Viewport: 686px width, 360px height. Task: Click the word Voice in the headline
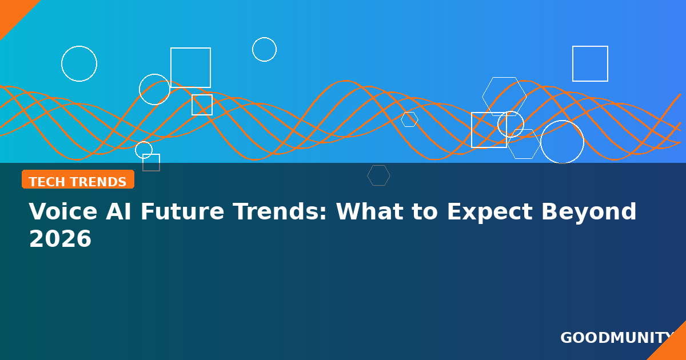click(x=63, y=211)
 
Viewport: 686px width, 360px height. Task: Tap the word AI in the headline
click(x=118, y=211)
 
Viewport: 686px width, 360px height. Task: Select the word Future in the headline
click(x=182, y=211)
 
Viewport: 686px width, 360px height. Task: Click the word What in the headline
click(x=370, y=211)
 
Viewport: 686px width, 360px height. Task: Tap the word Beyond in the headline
click(x=589, y=211)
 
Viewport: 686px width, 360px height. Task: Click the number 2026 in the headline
click(x=61, y=239)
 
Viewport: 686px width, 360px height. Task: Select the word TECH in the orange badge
click(x=47, y=182)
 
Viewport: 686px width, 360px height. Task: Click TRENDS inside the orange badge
click(x=98, y=182)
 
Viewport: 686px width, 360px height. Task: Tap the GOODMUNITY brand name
click(x=616, y=338)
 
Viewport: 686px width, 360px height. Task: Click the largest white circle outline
click(x=541, y=142)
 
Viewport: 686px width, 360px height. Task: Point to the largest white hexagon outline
click(x=482, y=97)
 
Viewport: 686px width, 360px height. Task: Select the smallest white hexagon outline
click(x=401, y=119)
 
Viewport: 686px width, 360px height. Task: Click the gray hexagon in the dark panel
click(x=368, y=175)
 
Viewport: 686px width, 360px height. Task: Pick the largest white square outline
click(x=190, y=48)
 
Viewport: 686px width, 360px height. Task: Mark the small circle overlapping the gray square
click(x=135, y=150)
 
